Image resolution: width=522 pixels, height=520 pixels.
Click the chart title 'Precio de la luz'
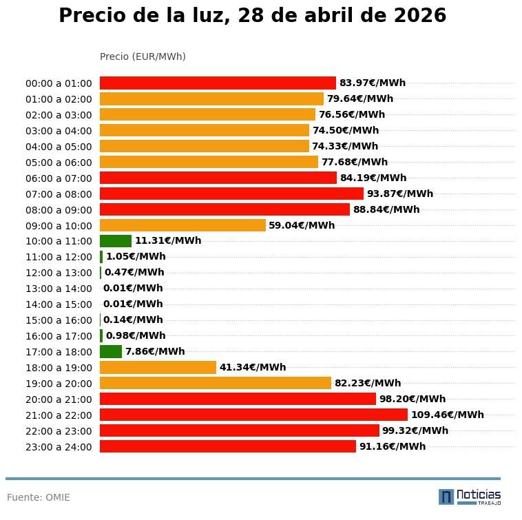[x=252, y=16]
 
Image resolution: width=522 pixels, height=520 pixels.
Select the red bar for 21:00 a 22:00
[x=253, y=415]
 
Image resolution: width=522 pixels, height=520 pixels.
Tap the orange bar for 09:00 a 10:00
[x=182, y=225]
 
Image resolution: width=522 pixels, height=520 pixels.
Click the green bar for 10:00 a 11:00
[x=116, y=241]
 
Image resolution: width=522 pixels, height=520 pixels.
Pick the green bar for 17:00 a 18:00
[x=111, y=351]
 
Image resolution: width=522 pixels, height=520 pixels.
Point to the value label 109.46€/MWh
[x=447, y=415]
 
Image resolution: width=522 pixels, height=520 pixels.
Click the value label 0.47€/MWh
[x=134, y=273]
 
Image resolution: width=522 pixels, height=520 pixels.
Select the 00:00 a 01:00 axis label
[x=59, y=83]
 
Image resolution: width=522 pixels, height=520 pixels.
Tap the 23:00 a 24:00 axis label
[x=59, y=447]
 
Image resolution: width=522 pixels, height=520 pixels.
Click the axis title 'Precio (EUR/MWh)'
[x=143, y=56]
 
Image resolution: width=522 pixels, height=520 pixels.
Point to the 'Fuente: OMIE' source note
[x=39, y=497]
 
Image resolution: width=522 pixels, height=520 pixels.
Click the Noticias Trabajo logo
[x=470, y=497]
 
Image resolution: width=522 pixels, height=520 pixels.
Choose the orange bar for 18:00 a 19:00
[x=158, y=367]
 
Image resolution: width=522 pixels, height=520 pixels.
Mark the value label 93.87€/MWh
[x=399, y=194]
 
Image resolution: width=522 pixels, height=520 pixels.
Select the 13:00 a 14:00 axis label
[x=59, y=289]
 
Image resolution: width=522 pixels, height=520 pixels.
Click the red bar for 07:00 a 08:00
[x=231, y=194]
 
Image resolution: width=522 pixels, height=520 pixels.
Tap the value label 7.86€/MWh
[x=155, y=351]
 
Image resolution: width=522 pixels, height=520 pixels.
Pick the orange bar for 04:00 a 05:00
[x=205, y=146]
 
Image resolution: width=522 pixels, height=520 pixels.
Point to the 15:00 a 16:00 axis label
[x=59, y=320]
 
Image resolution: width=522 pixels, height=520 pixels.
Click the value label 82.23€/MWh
[x=368, y=383]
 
